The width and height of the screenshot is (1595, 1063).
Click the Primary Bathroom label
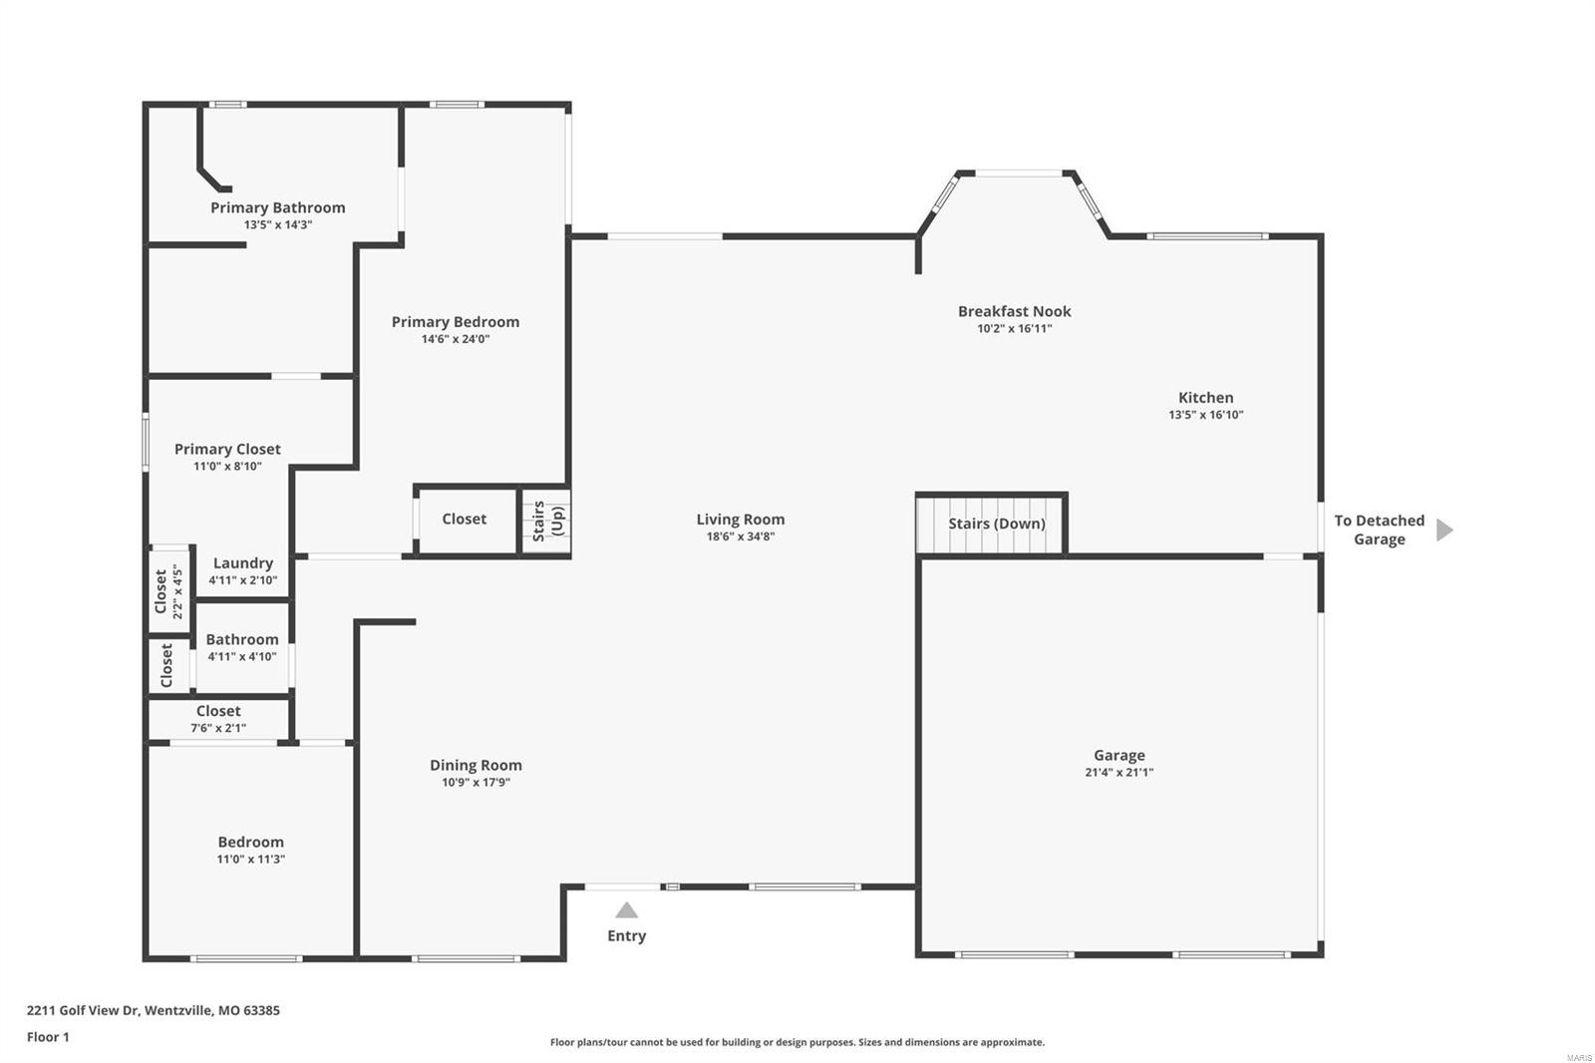click(277, 207)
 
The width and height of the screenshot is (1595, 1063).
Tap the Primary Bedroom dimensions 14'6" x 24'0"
click(455, 339)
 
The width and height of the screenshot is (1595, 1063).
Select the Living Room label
click(740, 519)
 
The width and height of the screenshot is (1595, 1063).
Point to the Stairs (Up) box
click(546, 521)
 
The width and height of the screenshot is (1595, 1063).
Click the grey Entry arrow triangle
click(626, 910)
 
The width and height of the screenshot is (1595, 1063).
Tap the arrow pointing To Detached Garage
click(1443, 530)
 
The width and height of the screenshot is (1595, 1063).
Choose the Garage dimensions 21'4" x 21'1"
click(1118, 772)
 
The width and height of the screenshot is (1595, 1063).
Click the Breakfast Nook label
click(1014, 311)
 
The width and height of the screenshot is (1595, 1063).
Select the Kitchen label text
click(1205, 397)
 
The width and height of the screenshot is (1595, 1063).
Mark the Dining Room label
click(476, 765)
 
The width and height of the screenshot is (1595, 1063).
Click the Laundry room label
click(242, 562)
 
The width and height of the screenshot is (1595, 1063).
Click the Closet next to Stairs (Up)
click(464, 519)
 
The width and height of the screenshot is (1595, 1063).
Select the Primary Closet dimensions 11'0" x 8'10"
click(227, 466)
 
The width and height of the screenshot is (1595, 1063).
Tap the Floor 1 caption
click(48, 1037)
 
